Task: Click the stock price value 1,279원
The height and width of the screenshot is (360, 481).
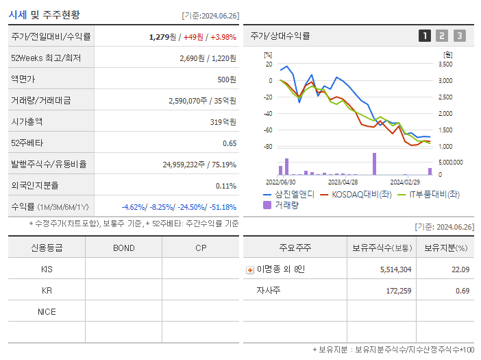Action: (x=162, y=37)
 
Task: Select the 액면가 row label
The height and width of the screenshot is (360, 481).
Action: (x=23, y=80)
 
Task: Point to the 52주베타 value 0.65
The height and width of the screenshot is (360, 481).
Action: (x=230, y=143)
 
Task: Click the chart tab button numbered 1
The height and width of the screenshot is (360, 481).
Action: (x=425, y=36)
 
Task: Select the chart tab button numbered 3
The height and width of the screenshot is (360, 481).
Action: (x=459, y=36)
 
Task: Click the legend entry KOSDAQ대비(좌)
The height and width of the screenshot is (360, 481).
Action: (x=356, y=194)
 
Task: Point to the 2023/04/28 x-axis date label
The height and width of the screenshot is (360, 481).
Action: (x=343, y=182)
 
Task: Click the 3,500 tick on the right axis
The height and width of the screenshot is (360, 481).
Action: (x=445, y=64)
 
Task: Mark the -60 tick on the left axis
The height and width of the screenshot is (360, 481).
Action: (x=268, y=130)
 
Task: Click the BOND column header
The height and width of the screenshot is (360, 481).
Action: (x=123, y=248)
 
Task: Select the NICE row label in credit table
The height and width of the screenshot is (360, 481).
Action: (x=47, y=311)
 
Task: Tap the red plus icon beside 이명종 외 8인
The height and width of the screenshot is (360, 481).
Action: (x=250, y=269)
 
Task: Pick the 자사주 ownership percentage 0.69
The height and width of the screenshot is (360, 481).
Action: (x=463, y=291)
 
